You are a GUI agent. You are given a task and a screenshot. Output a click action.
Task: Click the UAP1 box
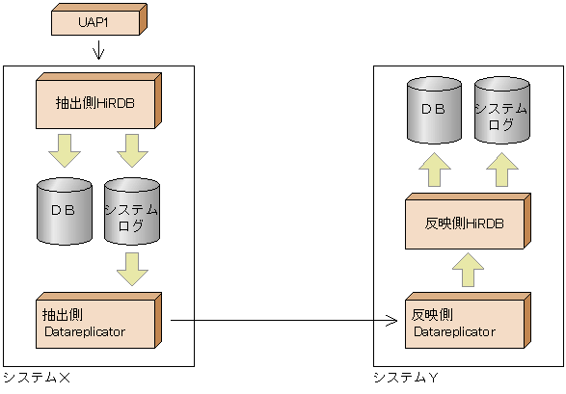(x=96, y=20)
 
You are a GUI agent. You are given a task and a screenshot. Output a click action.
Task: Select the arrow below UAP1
(x=98, y=51)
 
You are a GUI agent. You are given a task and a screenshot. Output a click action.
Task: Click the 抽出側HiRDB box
(x=97, y=100)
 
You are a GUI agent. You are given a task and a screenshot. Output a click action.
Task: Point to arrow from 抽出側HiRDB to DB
(x=64, y=150)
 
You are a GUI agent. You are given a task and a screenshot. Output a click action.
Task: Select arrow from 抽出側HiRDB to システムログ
(x=132, y=150)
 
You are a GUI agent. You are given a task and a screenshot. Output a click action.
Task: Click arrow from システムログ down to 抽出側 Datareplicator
(x=132, y=268)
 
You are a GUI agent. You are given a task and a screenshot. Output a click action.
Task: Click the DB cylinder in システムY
(x=433, y=109)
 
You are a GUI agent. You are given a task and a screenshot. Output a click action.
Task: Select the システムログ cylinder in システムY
(x=501, y=109)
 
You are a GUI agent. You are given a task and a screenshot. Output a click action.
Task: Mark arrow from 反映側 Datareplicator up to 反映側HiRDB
(x=469, y=270)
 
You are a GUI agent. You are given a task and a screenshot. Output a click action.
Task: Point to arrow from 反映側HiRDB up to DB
(x=434, y=170)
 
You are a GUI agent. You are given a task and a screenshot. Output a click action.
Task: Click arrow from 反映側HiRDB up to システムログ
(x=502, y=170)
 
